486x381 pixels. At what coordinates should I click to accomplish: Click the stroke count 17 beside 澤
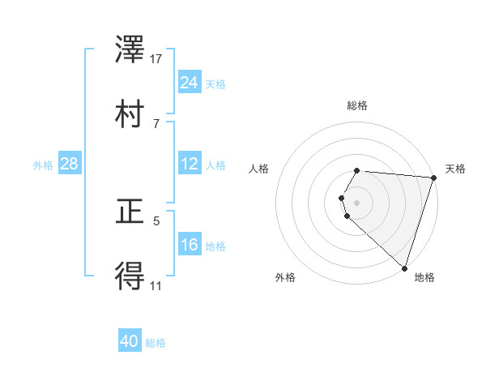156,58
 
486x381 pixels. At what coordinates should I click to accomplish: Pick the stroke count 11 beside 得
156,285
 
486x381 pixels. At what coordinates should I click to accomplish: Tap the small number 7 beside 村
156,123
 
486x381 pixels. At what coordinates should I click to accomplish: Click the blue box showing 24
190,83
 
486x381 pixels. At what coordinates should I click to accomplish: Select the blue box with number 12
190,164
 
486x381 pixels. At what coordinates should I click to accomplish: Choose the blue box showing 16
190,245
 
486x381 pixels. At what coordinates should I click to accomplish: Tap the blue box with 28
70,164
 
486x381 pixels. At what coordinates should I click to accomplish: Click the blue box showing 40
130,341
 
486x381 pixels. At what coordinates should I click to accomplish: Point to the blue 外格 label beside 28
43,165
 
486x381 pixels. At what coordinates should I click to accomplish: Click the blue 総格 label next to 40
156,343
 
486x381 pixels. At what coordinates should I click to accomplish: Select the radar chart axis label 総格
357,105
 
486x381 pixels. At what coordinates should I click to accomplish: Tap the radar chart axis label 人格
259,169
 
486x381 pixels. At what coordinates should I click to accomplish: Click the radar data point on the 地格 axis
403,268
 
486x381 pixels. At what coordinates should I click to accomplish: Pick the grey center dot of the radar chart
357,202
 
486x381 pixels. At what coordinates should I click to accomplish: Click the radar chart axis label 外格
285,277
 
